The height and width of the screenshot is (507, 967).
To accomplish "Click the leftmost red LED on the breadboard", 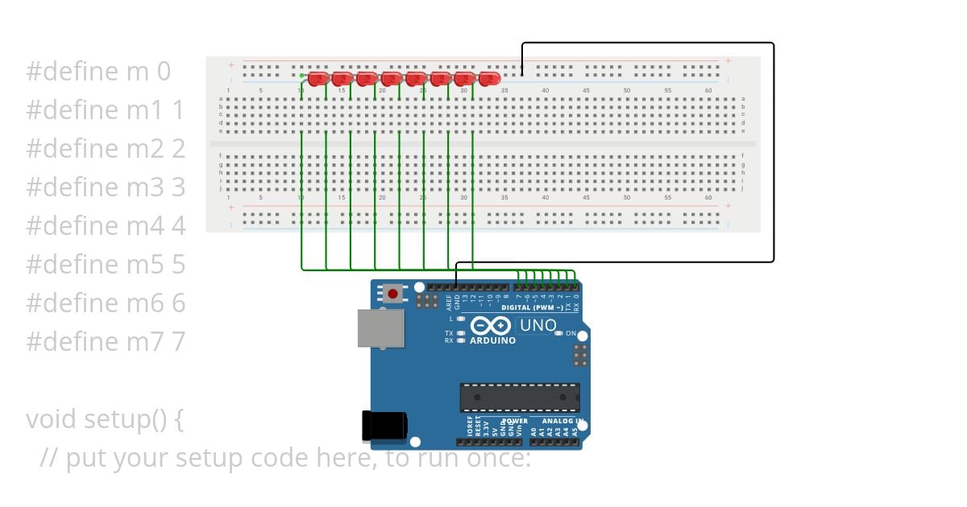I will click(317, 78).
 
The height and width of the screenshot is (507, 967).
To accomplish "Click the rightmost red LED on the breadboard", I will click(488, 78).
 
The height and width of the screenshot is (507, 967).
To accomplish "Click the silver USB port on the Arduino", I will click(380, 328).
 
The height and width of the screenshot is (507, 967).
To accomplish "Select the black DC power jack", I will click(384, 426).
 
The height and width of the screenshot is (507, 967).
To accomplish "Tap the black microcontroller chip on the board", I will click(520, 398).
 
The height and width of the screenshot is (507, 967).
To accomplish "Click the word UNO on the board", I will click(538, 325).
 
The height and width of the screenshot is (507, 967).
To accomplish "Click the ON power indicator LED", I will click(558, 333).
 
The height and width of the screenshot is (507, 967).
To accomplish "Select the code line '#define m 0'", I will click(98, 71).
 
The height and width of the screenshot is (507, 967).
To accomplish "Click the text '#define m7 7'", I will click(106, 341).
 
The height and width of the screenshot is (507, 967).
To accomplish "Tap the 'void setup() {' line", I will click(105, 419).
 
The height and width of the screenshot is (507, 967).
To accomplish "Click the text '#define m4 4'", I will click(106, 225).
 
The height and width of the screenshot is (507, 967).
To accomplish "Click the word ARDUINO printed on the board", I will click(492, 340).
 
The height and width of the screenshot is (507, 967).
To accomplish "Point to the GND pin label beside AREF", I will click(456, 302).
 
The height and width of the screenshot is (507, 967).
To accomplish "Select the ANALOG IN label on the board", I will click(562, 420).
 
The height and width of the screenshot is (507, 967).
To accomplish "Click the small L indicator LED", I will click(460, 319).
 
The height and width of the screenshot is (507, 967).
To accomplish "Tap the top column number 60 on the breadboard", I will click(708, 90).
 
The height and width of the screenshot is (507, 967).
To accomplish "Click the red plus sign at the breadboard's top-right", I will click(728, 60).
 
